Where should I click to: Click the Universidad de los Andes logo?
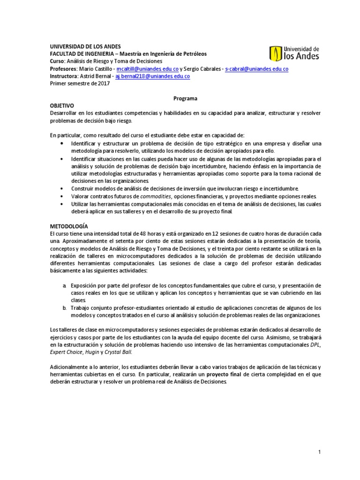click(x=294, y=53)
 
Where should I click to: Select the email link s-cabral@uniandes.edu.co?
click(x=256, y=68)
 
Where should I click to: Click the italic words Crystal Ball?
click(x=120, y=352)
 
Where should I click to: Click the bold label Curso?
click(x=58, y=61)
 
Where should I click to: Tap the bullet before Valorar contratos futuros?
click(x=63, y=196)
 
